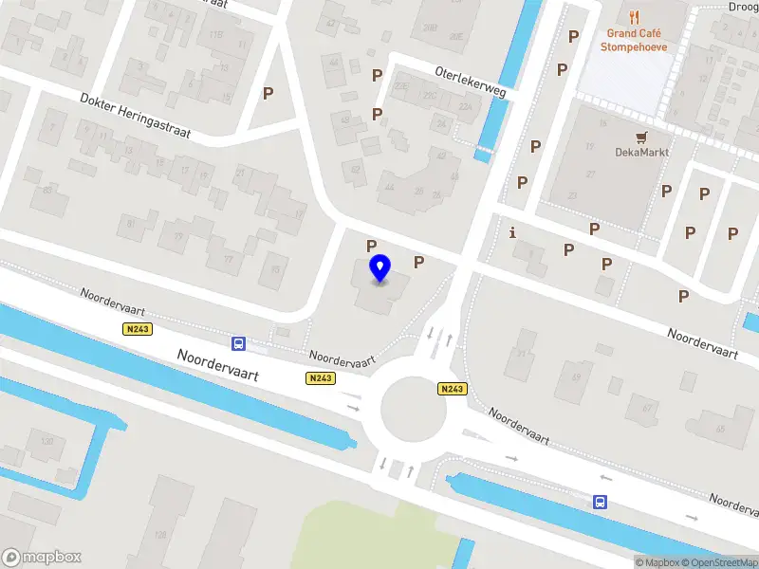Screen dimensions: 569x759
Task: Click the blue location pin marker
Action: coord(380,268)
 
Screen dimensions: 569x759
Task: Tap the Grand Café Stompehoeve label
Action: coord(635,40)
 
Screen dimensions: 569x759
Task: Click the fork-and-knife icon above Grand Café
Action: coord(635,16)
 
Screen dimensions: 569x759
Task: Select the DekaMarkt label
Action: coord(642,152)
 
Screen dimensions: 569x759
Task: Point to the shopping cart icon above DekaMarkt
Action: coord(642,136)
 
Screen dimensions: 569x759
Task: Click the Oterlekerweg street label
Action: coord(470,82)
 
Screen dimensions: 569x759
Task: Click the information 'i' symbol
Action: coord(513,231)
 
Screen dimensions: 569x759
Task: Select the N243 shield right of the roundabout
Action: coord(453,389)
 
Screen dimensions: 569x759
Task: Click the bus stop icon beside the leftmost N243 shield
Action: coord(238,343)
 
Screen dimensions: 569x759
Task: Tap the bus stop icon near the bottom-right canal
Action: coord(600,502)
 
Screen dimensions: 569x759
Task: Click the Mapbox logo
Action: coord(42,558)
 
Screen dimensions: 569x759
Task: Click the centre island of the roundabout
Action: coord(413,409)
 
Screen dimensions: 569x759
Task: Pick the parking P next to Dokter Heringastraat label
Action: coord(268,93)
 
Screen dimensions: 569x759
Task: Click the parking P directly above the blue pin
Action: coord(372,246)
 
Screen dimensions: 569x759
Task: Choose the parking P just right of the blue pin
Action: coord(418,262)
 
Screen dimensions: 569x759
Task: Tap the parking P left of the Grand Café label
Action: coord(572,36)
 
